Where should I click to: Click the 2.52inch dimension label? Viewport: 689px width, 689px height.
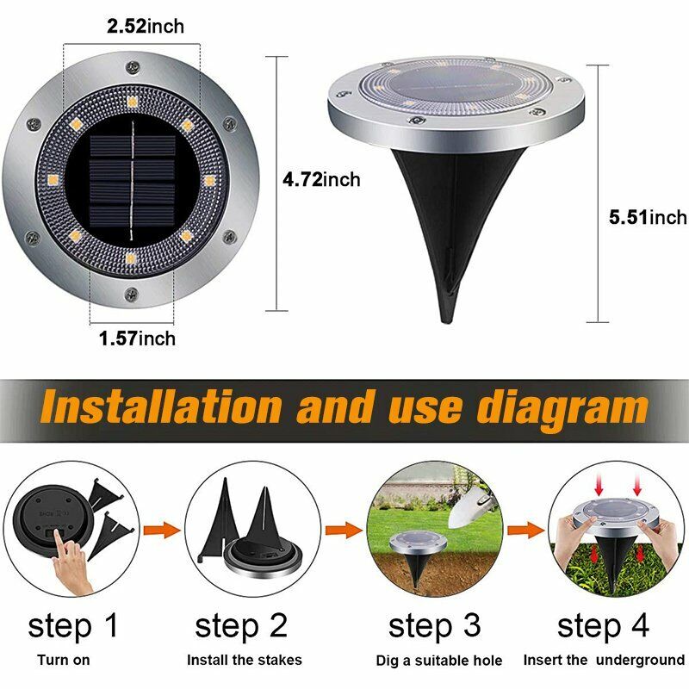(x=146, y=27)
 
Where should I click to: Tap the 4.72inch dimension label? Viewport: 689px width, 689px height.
(x=322, y=180)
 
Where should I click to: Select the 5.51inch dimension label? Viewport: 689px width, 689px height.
(x=648, y=217)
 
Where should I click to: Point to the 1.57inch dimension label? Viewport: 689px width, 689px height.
(x=137, y=338)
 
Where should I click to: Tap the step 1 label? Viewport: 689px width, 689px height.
(x=73, y=625)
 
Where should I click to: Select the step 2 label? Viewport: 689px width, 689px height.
(x=240, y=625)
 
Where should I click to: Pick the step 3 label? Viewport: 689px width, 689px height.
(x=434, y=625)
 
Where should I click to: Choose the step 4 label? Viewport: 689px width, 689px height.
(x=603, y=625)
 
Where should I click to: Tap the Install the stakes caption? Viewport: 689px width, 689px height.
(x=245, y=661)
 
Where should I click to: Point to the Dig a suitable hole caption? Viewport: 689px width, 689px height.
(x=439, y=661)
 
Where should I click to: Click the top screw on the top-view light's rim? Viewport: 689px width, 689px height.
(x=133, y=65)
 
